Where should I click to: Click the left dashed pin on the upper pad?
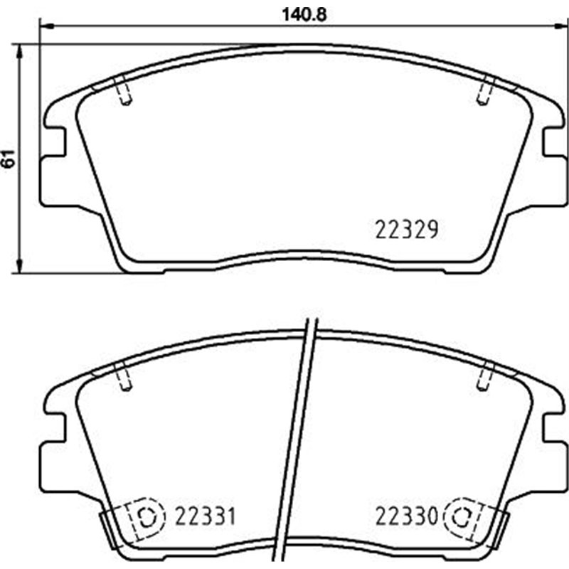123,90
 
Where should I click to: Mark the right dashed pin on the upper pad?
486,90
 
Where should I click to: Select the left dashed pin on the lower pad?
123,376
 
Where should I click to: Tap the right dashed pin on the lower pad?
486,376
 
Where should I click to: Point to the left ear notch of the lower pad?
55,427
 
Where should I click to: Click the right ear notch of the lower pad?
553,427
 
